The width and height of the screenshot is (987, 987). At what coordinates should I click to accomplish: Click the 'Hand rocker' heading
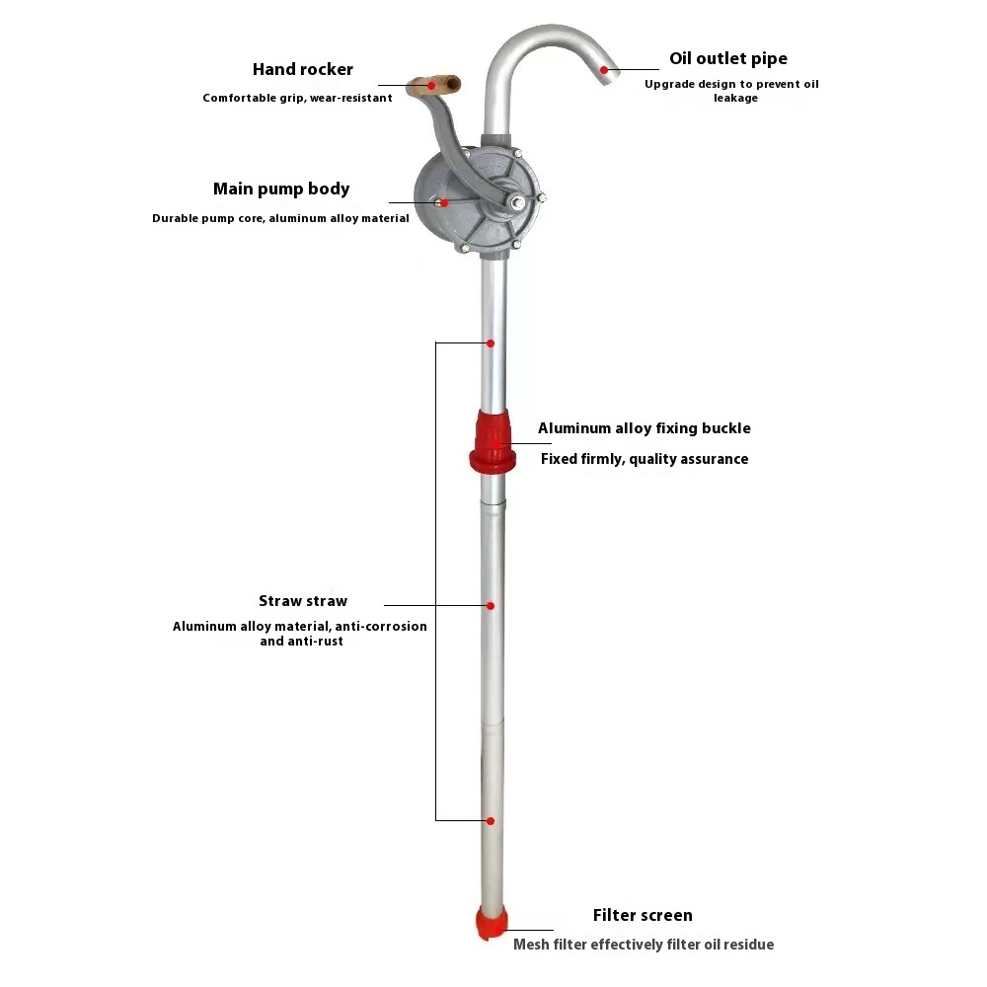(x=302, y=70)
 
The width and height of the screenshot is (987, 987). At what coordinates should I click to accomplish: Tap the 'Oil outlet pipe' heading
(x=728, y=59)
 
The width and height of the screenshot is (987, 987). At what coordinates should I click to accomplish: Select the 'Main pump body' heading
(x=281, y=189)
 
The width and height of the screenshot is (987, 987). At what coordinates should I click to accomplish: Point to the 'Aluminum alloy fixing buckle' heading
(x=644, y=428)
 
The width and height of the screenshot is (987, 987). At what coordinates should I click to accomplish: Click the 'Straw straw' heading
(x=303, y=601)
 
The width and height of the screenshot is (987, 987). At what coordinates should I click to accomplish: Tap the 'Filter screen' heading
(x=643, y=915)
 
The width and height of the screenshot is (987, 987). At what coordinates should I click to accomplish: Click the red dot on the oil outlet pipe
(x=604, y=70)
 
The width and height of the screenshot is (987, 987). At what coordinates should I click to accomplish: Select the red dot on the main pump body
(x=444, y=202)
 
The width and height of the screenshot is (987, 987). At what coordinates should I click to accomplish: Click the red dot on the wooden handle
(x=430, y=87)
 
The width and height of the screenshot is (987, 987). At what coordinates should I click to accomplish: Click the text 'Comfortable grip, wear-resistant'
(x=297, y=98)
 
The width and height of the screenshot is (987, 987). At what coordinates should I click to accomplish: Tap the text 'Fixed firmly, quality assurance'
(x=645, y=459)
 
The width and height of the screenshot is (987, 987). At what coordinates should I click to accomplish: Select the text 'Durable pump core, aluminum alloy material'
(x=280, y=218)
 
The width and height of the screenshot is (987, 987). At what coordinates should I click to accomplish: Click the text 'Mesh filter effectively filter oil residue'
(x=644, y=945)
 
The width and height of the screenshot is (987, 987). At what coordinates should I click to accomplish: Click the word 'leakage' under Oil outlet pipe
(x=735, y=99)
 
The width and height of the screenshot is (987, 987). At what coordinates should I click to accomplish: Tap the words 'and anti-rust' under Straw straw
(x=301, y=642)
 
